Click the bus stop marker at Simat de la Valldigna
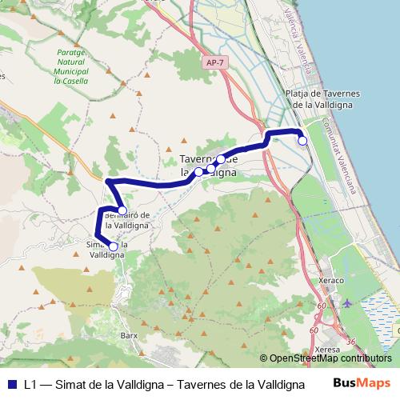coord(113,247)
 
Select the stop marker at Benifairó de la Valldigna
coord(122,211)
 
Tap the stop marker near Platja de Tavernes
coord(302,141)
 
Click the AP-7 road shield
coord(214,62)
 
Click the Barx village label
coord(129,335)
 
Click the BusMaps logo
coord(362,383)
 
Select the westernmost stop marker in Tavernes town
coord(198,171)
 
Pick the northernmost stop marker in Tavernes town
coord(221,159)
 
